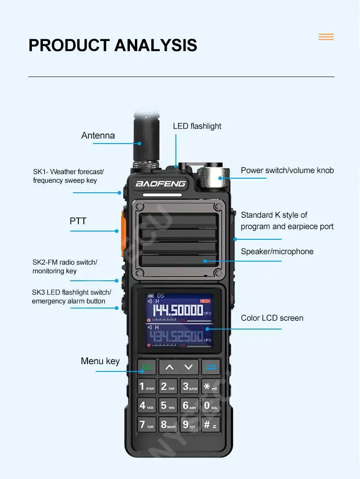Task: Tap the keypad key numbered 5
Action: [x=167, y=405]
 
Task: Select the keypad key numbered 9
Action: [x=189, y=424]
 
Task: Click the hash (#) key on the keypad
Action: [x=210, y=424]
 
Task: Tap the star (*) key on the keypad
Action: [x=210, y=386]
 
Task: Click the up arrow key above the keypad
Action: [x=169, y=367]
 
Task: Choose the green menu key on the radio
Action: [x=147, y=367]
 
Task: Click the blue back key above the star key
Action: [x=211, y=367]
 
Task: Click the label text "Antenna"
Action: [x=98, y=135]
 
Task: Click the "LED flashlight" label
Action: [x=197, y=126]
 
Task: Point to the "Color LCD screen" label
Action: [x=272, y=318]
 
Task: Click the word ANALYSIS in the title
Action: [x=155, y=46]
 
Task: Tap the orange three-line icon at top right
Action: [x=326, y=37]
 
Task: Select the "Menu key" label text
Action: [x=100, y=361]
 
